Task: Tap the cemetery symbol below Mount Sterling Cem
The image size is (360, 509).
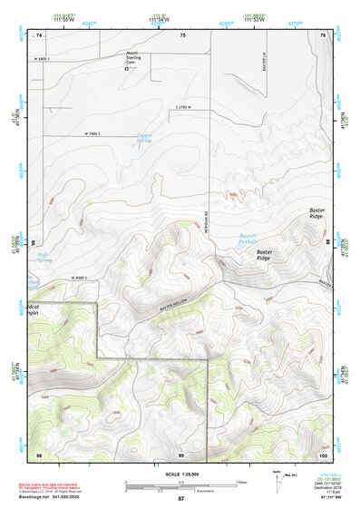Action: point(128,68)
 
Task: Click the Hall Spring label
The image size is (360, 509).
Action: point(41,257)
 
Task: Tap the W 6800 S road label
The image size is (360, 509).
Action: point(45,57)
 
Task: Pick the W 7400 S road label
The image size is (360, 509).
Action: point(96,134)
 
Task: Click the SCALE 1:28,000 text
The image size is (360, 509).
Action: point(180,475)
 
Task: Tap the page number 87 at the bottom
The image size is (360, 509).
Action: point(180,499)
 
